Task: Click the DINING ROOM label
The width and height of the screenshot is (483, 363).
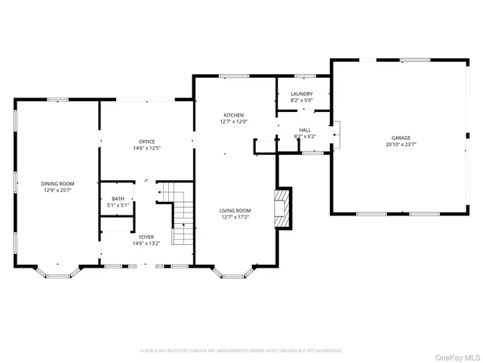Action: tap(57, 183)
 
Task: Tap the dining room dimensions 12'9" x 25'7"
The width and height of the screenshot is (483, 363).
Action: tap(57, 190)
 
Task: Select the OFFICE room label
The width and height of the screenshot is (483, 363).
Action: tap(146, 141)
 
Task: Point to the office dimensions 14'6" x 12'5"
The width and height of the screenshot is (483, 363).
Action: tap(146, 148)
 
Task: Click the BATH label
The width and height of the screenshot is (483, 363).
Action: tap(118, 198)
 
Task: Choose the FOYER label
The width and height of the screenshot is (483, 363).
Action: tap(146, 237)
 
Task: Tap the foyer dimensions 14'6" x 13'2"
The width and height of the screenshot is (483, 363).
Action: tap(146, 244)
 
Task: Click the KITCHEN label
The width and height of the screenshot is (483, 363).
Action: tap(233, 114)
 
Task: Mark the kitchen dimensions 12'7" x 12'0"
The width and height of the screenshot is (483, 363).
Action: tap(233, 121)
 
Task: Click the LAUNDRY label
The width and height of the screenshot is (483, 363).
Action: tap(301, 94)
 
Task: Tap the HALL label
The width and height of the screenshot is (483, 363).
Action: tap(305, 130)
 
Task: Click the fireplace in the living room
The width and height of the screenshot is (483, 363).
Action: tap(282, 206)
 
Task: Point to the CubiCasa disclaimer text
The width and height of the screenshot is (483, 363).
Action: tap(241, 350)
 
